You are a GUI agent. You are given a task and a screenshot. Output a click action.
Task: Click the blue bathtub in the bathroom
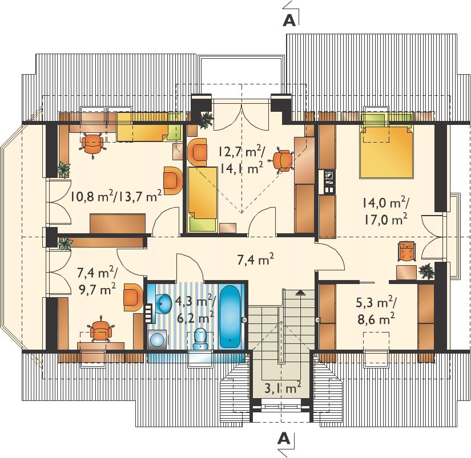coord(230,317)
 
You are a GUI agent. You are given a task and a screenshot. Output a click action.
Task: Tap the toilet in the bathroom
coord(200,339)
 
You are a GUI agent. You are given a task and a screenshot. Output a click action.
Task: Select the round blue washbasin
coord(163,303)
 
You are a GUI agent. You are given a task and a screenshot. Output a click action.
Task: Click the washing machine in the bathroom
coord(158,339)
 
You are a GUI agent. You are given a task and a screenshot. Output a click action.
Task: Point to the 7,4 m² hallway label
coord(255,260)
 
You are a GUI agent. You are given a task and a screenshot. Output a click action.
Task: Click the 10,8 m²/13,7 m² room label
coord(116,197)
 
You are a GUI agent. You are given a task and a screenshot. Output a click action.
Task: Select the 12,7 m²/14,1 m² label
coord(241,161)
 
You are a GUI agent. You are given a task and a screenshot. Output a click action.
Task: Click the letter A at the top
coord(289,20)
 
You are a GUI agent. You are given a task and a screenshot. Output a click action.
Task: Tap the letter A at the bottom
coord(284,439)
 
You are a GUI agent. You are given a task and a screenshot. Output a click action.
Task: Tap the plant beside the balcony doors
coord(206,120)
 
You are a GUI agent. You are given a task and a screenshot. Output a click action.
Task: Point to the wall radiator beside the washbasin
coord(148,314)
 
